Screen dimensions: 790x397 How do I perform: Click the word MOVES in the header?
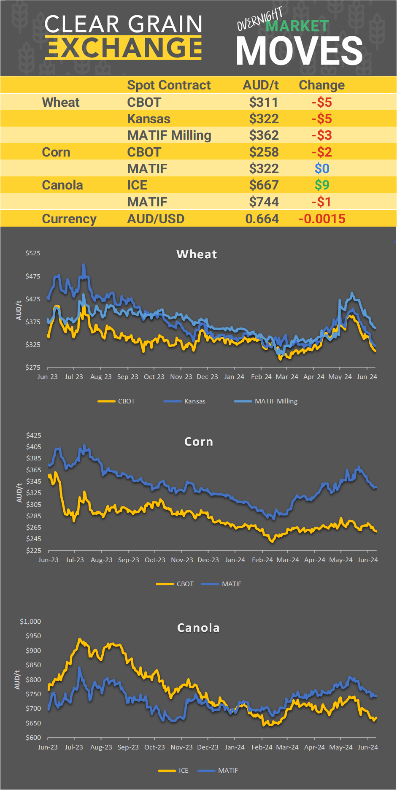coord(299,51)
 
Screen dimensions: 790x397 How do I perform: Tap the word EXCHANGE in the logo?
coord(124,48)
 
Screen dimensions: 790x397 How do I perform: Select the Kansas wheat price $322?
coord(264,119)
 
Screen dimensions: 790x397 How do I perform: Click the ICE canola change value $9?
coord(322,185)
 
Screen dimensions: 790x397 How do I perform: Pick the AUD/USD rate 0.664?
coord(262,219)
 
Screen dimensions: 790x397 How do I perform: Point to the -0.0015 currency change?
coord(322,219)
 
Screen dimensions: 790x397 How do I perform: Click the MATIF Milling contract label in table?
coord(169,135)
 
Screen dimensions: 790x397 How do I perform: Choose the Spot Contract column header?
coord(169,85)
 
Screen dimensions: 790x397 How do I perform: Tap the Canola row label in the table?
coord(62,185)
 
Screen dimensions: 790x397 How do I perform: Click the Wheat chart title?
coord(197,254)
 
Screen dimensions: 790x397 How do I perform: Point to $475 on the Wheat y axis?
coord(33,276)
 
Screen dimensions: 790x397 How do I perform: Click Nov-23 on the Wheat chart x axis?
coord(181,376)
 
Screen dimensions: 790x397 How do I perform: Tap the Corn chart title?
coord(199,441)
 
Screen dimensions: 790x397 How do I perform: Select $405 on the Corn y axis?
coord(34,446)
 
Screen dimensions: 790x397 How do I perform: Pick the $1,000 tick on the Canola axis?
coord(30,621)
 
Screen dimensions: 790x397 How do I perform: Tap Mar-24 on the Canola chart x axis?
coord(287,747)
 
